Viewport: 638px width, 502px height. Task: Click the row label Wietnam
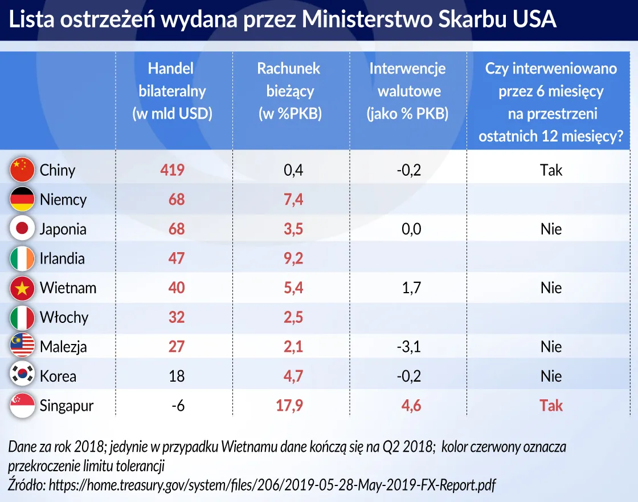[68, 288]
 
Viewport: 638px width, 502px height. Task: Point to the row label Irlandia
[62, 258]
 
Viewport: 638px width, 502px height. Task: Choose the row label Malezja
[63, 347]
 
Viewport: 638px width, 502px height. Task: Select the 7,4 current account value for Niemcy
[293, 199]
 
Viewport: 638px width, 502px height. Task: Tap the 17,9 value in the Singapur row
[289, 406]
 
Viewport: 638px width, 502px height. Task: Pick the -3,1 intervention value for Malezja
[408, 347]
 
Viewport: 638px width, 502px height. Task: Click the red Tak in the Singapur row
[551, 406]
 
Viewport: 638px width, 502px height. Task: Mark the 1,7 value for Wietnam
[411, 288]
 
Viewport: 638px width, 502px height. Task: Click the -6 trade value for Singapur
[178, 406]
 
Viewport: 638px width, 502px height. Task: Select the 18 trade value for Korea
[177, 376]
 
